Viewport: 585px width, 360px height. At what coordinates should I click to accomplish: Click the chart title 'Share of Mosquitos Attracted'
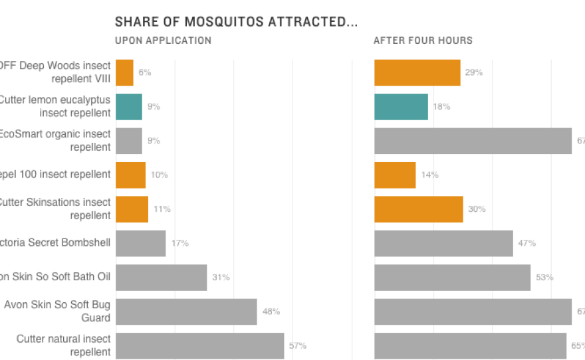click(236, 22)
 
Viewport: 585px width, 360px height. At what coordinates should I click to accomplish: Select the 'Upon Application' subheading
click(163, 41)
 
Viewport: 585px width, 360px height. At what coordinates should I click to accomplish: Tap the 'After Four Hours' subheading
click(423, 41)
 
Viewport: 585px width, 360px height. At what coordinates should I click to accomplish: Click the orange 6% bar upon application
click(124, 72)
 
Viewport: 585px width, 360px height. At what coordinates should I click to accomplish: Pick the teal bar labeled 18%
click(401, 106)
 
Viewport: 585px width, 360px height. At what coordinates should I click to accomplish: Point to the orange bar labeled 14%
click(395, 175)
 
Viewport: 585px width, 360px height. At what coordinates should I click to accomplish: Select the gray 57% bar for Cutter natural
click(199, 345)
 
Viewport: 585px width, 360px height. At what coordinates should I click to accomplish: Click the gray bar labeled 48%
click(186, 312)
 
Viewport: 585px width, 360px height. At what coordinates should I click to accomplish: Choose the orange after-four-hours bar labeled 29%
click(417, 72)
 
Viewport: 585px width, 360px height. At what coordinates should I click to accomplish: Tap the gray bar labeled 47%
click(443, 243)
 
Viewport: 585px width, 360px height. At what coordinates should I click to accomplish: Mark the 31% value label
click(221, 278)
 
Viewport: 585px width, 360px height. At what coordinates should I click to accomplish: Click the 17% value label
click(179, 243)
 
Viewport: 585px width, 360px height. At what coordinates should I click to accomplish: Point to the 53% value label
click(544, 278)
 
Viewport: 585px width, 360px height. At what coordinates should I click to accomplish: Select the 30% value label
click(477, 209)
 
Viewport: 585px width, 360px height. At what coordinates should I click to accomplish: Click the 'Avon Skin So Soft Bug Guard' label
click(57, 311)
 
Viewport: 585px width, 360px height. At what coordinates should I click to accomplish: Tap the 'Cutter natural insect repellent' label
click(63, 345)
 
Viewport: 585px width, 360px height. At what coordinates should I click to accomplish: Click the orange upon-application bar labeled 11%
click(132, 209)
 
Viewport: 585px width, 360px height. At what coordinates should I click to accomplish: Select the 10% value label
click(159, 175)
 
